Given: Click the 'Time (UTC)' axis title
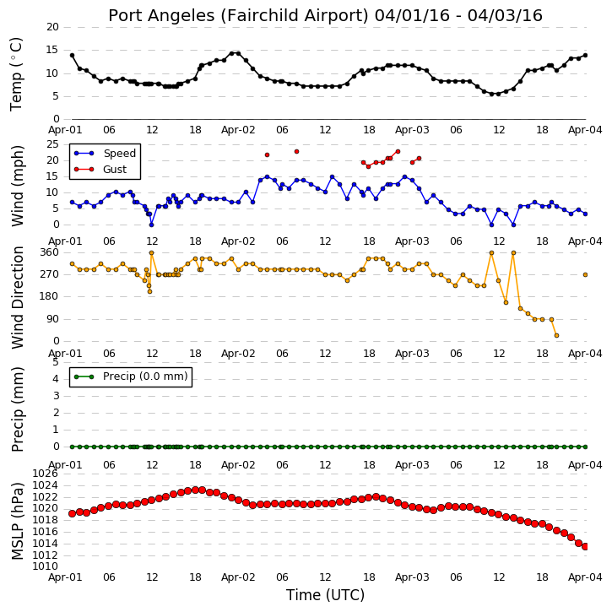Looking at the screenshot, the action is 325,595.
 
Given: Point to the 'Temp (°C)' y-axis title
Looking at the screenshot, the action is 16,74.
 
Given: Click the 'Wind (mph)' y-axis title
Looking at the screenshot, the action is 17,186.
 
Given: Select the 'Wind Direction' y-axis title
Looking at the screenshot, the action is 17,297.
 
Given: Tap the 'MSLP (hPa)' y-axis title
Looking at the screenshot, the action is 17,521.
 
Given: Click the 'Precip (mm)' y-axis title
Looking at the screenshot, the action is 17,409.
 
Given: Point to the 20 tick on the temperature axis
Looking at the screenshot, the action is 52,27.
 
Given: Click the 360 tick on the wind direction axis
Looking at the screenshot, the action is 50,252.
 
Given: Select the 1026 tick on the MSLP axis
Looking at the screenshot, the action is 46,474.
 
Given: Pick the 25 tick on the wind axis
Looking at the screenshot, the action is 52,144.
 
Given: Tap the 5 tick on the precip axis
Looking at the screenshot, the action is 56,362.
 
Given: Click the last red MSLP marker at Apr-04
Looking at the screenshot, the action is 585,547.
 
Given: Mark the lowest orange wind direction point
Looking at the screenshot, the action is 556,335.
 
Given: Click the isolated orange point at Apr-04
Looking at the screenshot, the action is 585,275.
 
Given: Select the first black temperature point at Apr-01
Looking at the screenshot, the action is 73,56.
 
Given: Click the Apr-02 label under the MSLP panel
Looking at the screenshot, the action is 238,577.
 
